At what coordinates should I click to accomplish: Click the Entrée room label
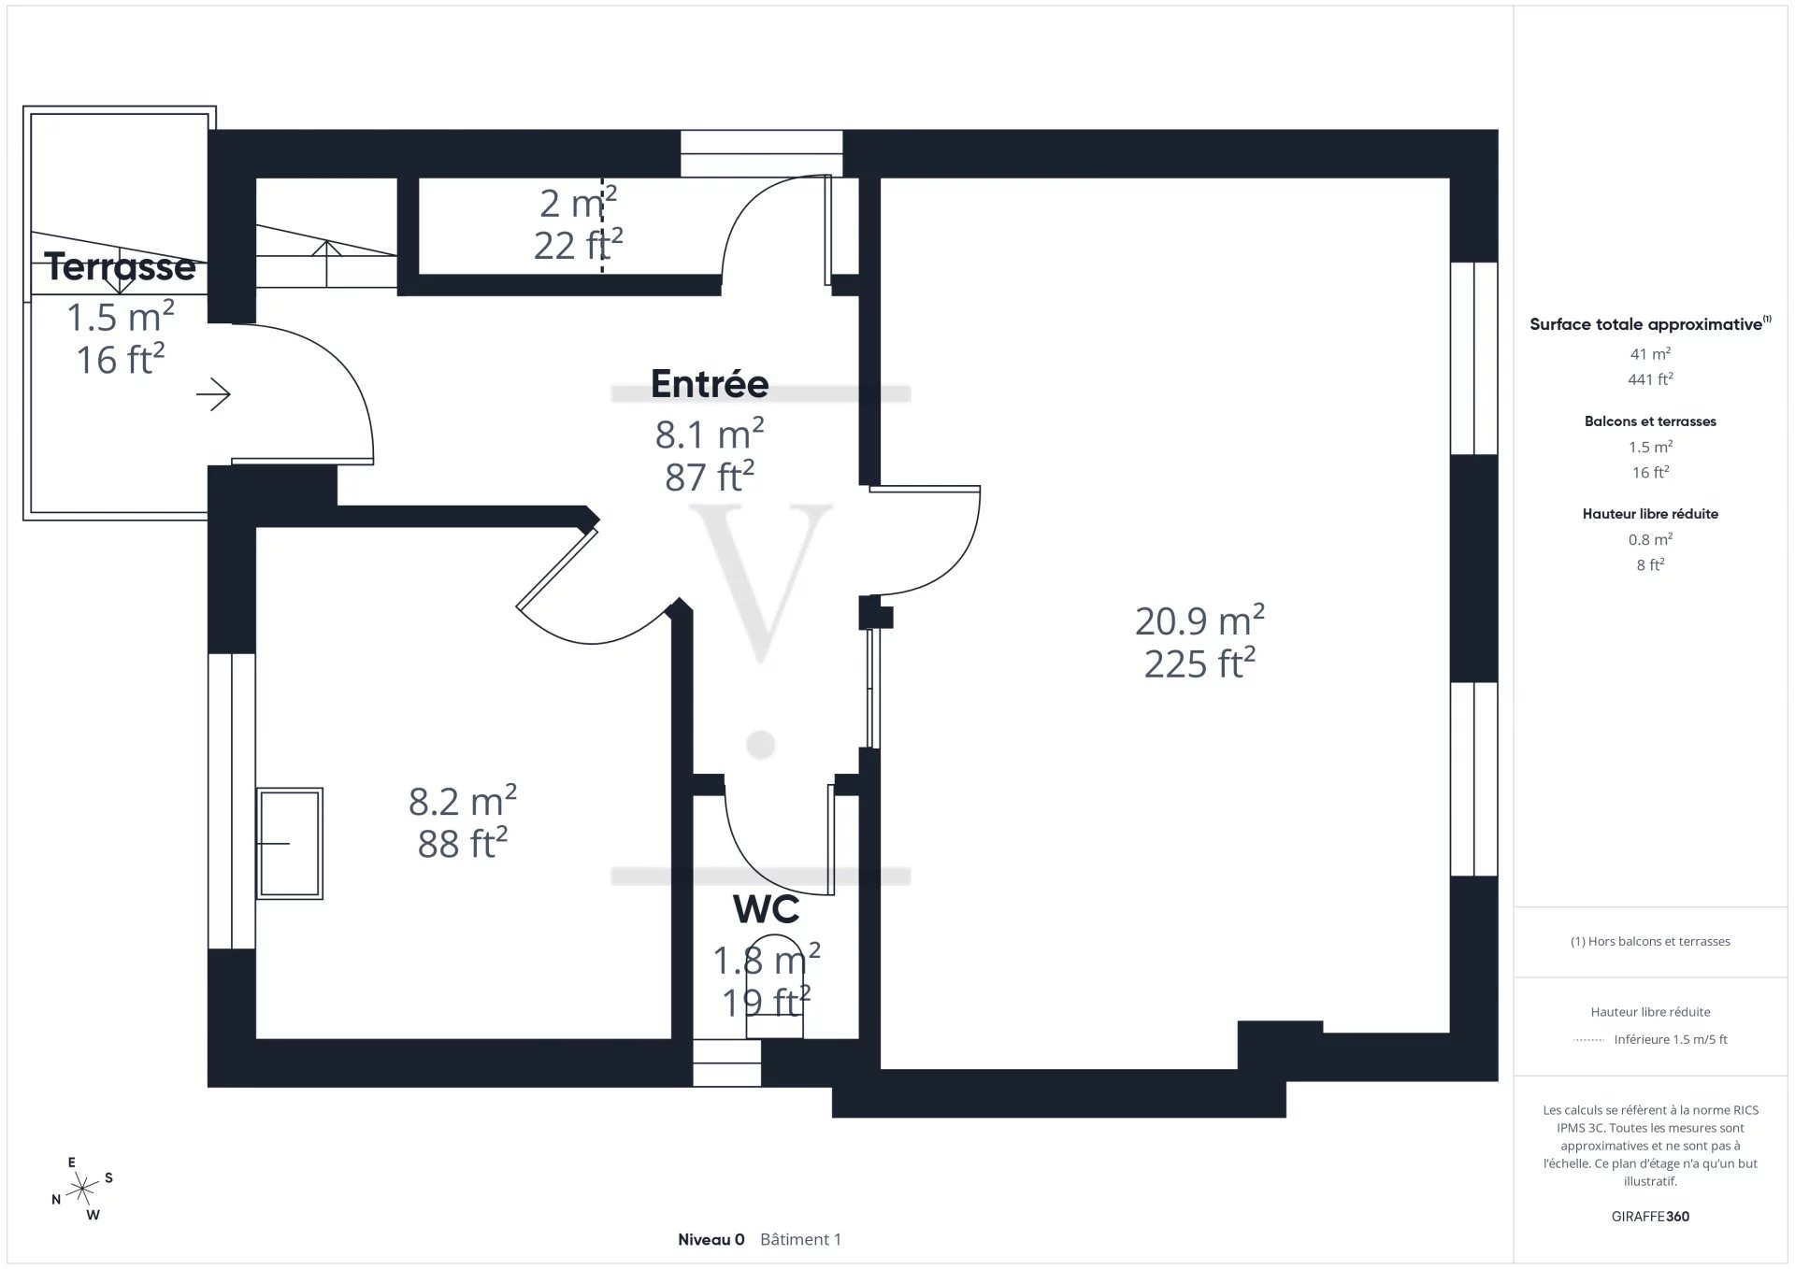tap(710, 384)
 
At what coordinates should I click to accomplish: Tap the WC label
tap(766, 909)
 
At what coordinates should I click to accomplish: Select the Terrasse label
tap(121, 267)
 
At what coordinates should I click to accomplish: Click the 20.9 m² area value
tap(1199, 620)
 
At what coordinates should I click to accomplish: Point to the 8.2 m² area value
tap(463, 801)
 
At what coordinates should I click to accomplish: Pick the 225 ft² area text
tap(1199, 663)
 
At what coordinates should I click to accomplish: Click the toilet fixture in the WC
tap(774, 987)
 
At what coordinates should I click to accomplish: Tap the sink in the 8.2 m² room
tap(290, 844)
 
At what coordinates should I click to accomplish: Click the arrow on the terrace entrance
tap(213, 394)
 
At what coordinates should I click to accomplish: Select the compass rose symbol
tap(83, 1190)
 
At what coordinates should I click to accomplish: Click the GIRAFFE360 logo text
tap(1650, 1217)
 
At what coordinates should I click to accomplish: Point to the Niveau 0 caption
tap(711, 1240)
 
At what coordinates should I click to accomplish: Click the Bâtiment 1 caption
tap(800, 1240)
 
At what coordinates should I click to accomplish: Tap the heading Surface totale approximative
tap(1645, 324)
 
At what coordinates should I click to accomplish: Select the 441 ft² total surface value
tap(1650, 379)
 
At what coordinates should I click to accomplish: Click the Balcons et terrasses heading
tap(1650, 421)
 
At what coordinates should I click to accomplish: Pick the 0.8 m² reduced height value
tap(1650, 539)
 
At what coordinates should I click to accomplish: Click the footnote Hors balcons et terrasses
tap(1650, 942)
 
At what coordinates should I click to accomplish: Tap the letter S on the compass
tap(108, 1177)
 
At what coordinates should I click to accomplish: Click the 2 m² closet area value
tap(578, 203)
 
